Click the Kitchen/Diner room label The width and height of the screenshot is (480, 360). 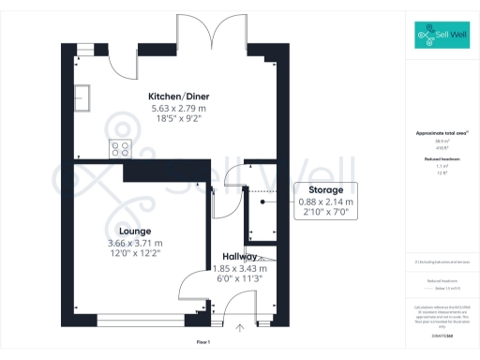coord(177,97)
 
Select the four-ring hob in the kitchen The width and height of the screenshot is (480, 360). coord(121,146)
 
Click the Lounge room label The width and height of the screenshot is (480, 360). coord(135,231)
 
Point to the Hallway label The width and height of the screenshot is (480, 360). coord(240,256)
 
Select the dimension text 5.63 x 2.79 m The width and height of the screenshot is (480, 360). coord(177,109)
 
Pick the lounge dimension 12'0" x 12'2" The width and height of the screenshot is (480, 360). coord(135,253)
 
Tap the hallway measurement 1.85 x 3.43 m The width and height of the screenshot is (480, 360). coord(240,267)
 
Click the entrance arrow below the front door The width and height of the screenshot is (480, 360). coord(241,327)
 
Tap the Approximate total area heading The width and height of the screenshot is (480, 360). coord(442,133)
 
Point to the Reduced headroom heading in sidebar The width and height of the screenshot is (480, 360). coord(442,159)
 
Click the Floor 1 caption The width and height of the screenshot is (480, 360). coord(202,342)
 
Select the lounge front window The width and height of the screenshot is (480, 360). coord(134,314)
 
